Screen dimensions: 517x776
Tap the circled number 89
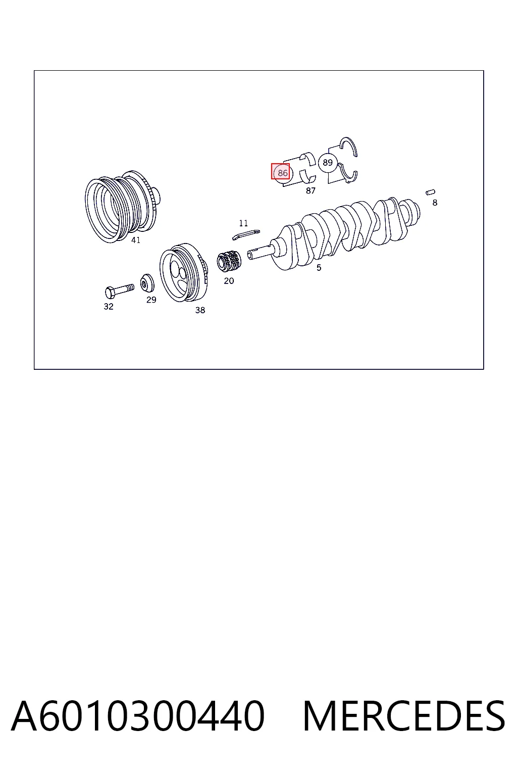(x=328, y=163)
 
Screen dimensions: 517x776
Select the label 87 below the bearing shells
(x=311, y=190)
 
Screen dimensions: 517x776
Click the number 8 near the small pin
(x=435, y=203)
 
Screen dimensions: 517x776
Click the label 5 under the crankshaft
(x=319, y=267)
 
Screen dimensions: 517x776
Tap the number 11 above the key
(x=243, y=223)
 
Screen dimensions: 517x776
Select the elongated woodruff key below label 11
(x=246, y=234)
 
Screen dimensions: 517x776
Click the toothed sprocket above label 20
(x=229, y=261)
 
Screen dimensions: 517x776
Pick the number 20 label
(x=229, y=281)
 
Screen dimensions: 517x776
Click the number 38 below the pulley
(x=200, y=310)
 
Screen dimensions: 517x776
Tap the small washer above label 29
(x=147, y=283)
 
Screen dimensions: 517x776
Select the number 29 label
(x=151, y=300)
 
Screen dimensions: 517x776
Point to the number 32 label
(x=109, y=307)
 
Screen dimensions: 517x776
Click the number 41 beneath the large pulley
(x=136, y=240)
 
